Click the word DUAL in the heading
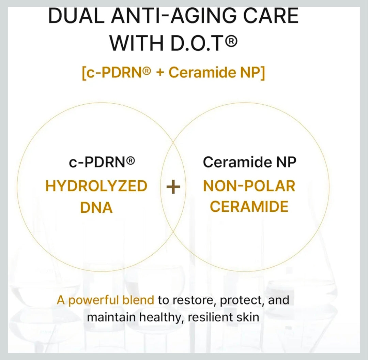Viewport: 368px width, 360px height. pos(76,16)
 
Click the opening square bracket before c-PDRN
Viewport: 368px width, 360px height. pos(84,73)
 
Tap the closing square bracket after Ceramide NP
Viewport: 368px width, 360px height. pos(263,73)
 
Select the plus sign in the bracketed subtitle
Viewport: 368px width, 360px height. pos(160,73)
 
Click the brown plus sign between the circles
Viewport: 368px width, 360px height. pos(173,187)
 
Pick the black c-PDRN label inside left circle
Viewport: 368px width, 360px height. pos(102,162)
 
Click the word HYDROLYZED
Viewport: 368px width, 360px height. pos(96,186)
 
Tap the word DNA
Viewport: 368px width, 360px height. pos(96,208)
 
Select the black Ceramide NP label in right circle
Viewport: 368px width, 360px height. pos(250,162)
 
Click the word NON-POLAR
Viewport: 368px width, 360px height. pos(249,186)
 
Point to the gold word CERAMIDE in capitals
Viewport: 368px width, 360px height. pos(249,207)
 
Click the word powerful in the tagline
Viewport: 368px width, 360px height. pos(93,300)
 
